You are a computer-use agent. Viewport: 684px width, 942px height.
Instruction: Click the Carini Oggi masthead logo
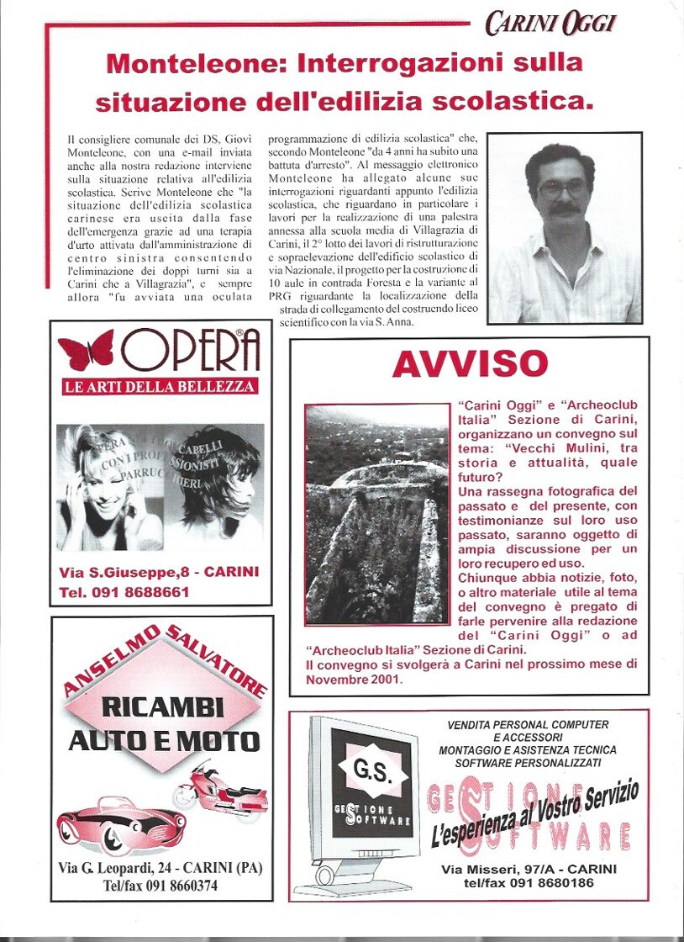pos(550,24)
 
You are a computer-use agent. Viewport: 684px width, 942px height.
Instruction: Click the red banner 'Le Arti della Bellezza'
pos(160,387)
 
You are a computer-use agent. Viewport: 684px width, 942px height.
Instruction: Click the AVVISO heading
pos(470,363)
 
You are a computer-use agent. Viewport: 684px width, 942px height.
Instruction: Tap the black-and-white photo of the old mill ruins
pos(376,513)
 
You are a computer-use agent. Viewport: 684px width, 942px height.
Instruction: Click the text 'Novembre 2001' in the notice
pos(354,680)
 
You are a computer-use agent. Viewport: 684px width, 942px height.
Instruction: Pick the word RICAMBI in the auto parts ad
pos(163,706)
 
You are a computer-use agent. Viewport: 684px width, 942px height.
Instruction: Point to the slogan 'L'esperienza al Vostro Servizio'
pos(534,812)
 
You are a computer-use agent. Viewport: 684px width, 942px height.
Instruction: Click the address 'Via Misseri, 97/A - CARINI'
pos(529,869)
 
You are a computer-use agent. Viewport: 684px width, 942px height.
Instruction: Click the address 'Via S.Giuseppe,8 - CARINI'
pos(159,572)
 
